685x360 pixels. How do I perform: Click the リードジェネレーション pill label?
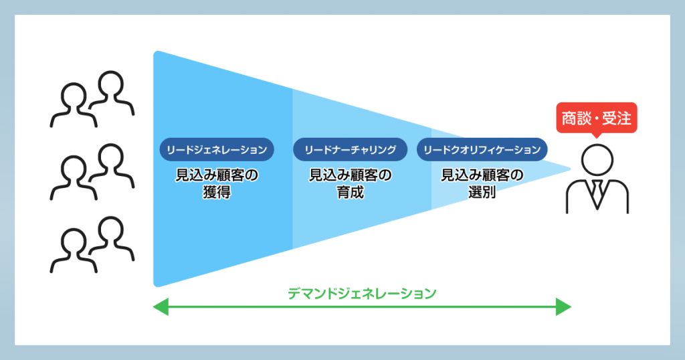217,150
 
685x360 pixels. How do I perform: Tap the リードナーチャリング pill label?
350,150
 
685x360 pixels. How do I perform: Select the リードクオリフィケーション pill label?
482,150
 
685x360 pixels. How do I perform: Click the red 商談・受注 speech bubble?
596,118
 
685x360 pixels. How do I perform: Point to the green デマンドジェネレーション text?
362,294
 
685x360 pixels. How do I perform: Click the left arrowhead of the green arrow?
161,306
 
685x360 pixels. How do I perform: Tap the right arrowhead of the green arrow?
563,306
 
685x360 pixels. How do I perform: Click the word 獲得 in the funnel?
217,192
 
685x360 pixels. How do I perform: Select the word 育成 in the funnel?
350,192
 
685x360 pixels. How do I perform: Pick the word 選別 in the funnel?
482,192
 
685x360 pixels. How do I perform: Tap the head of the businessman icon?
597,160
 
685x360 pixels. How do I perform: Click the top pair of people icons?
92,99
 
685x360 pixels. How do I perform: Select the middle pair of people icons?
92,172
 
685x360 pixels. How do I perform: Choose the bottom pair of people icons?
92,245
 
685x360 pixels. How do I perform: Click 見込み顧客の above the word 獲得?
217,175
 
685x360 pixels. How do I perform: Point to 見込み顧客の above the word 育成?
350,175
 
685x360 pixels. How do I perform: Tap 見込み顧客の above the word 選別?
482,175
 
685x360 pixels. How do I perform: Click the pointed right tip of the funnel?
570,169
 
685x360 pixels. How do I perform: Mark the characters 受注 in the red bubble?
616,118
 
